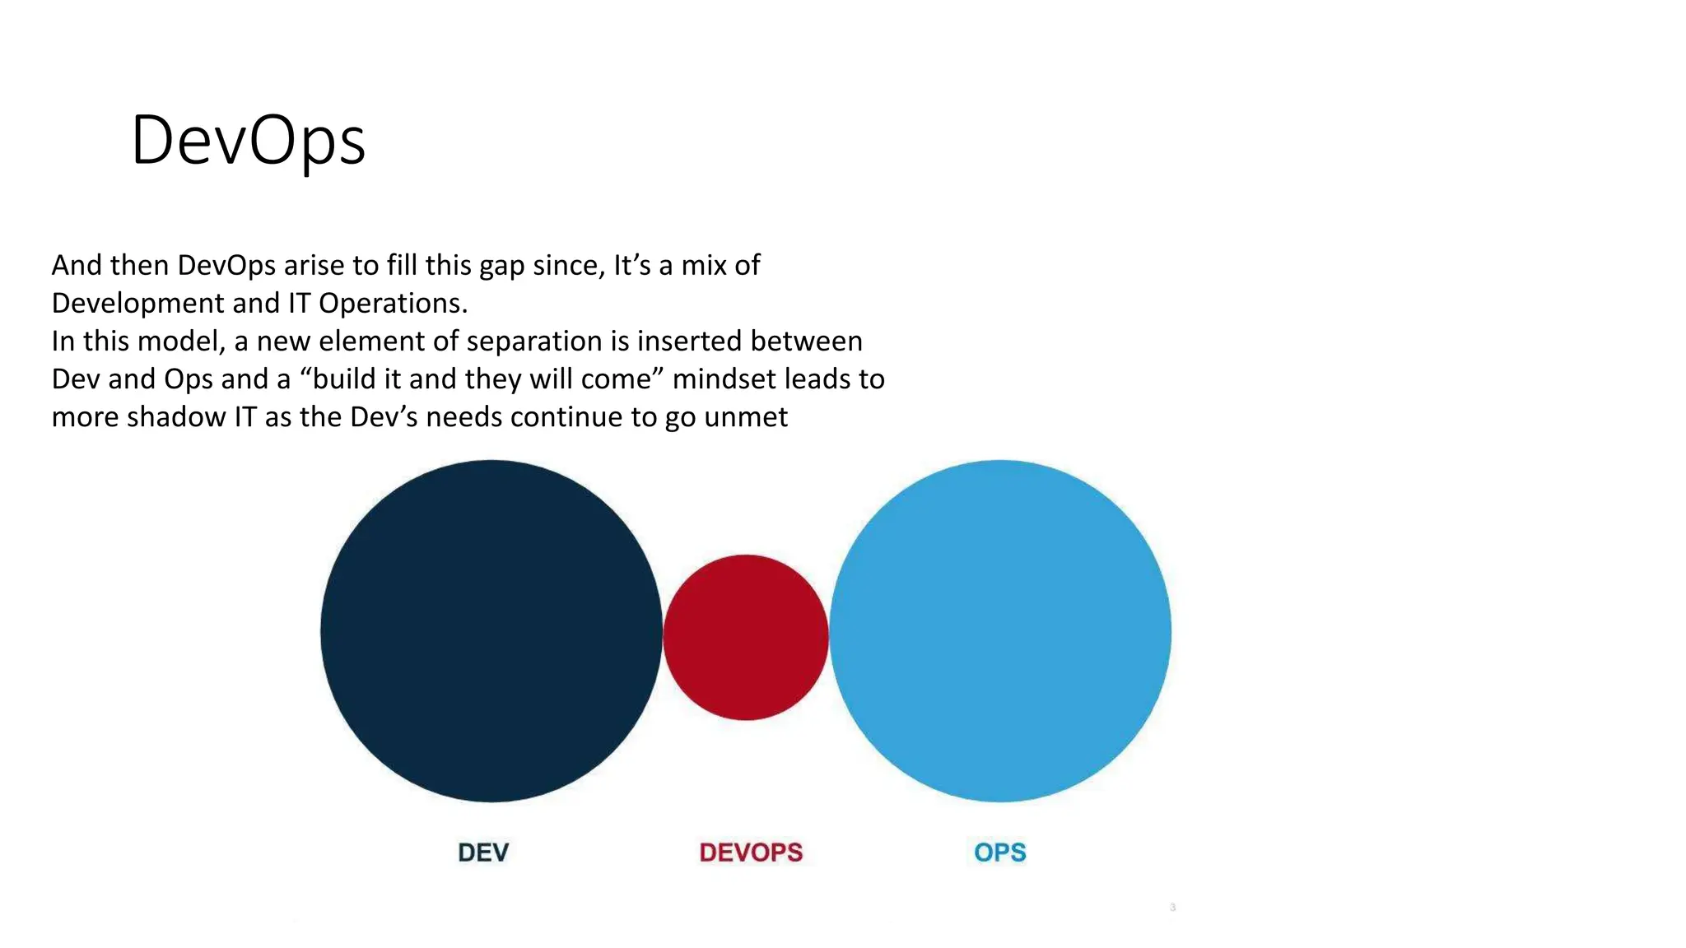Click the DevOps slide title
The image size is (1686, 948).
tap(248, 141)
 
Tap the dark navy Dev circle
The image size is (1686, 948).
tap(491, 631)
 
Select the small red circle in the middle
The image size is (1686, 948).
tap(746, 637)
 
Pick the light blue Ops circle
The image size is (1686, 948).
tap(1000, 631)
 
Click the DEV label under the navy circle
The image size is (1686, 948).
tap(483, 853)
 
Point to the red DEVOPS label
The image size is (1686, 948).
tap(751, 853)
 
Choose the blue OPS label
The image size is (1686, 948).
tap(1000, 853)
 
